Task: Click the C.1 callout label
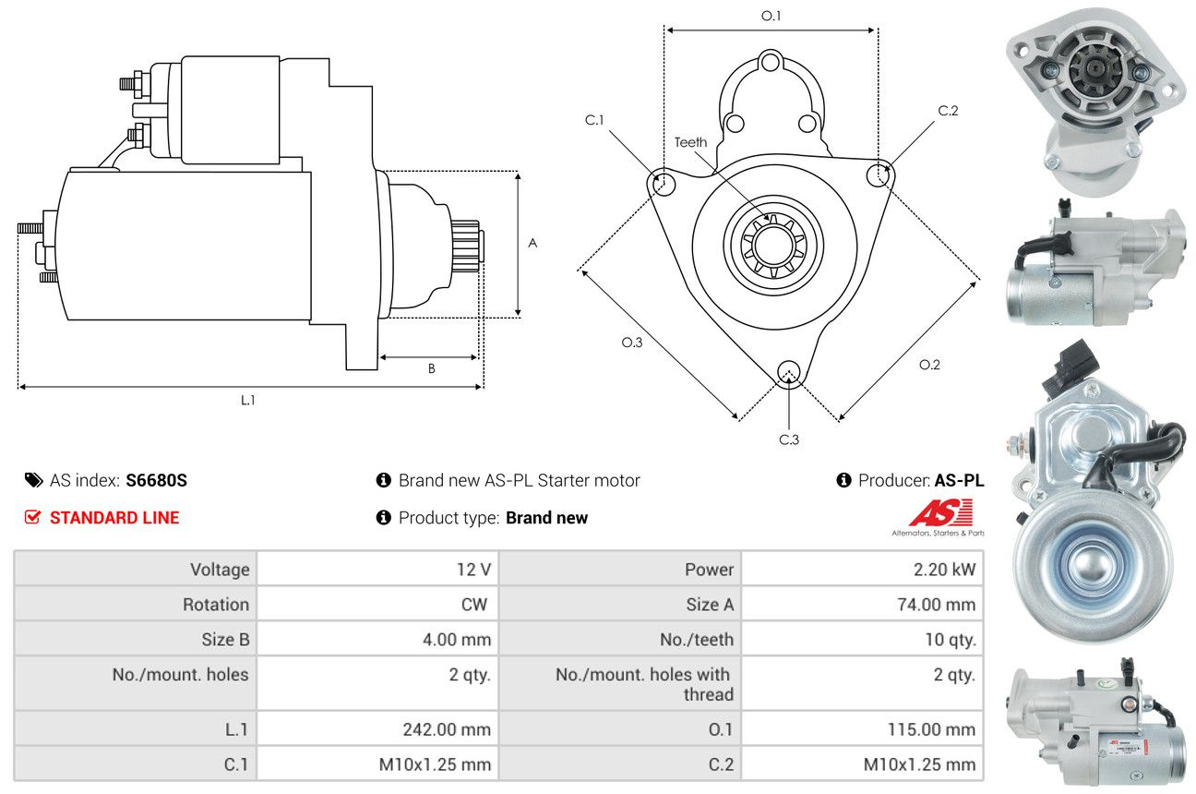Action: pyautogui.click(x=593, y=120)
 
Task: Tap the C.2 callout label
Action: pyautogui.click(x=948, y=111)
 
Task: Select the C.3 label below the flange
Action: pyautogui.click(x=788, y=439)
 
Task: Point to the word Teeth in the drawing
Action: pyautogui.click(x=690, y=142)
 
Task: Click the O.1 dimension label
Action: pyautogui.click(x=771, y=16)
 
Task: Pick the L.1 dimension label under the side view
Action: pyautogui.click(x=247, y=401)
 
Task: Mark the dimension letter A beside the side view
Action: pyautogui.click(x=532, y=244)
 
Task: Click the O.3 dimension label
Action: pyautogui.click(x=631, y=343)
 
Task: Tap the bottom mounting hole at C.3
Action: pyautogui.click(x=788, y=372)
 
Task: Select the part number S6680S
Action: pyautogui.click(x=156, y=480)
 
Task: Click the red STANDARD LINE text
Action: pyautogui.click(x=114, y=518)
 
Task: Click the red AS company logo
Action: pyautogui.click(x=940, y=513)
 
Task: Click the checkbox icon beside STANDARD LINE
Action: pyautogui.click(x=32, y=518)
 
